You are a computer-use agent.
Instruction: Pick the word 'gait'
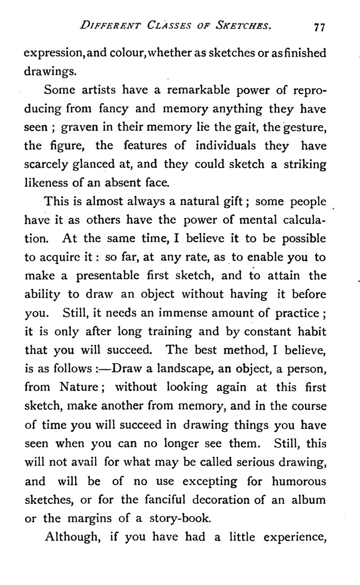(x=228, y=127)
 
